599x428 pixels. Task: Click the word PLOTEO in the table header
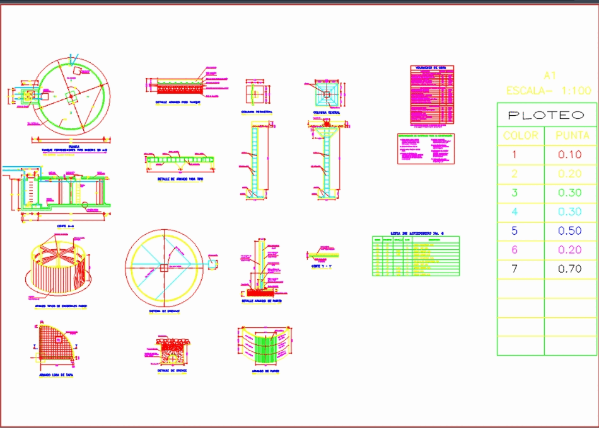(x=546, y=115)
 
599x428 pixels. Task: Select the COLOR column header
(x=521, y=135)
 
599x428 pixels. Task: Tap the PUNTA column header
(x=572, y=135)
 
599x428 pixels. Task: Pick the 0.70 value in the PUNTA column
(x=570, y=269)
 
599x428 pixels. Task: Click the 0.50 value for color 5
(x=570, y=231)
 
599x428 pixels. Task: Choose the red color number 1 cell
(x=515, y=155)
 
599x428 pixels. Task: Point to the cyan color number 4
(x=515, y=212)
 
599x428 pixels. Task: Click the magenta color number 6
(x=515, y=251)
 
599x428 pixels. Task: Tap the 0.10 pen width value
(x=570, y=155)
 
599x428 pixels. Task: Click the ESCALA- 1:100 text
(x=549, y=91)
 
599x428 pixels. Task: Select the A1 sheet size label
(x=549, y=76)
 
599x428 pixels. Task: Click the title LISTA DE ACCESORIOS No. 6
(x=417, y=234)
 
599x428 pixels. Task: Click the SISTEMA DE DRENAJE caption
(x=165, y=311)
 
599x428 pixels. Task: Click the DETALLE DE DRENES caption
(x=172, y=371)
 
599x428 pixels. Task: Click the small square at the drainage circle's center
(x=165, y=268)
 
